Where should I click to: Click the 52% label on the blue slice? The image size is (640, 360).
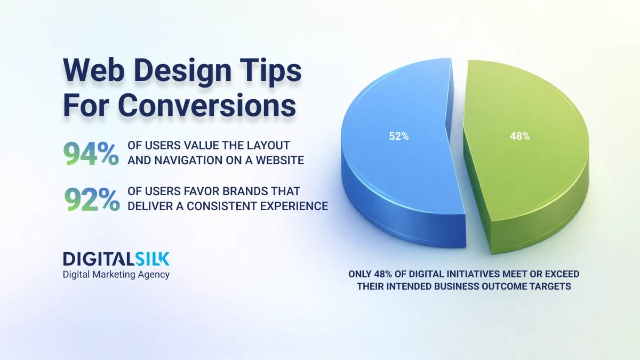pos(398,137)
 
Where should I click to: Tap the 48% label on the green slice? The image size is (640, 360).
pos(519,137)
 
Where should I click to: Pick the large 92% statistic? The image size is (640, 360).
pos(91,199)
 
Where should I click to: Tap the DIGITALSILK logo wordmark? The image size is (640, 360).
pos(116,259)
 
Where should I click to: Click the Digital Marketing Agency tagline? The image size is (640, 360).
pos(116,275)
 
